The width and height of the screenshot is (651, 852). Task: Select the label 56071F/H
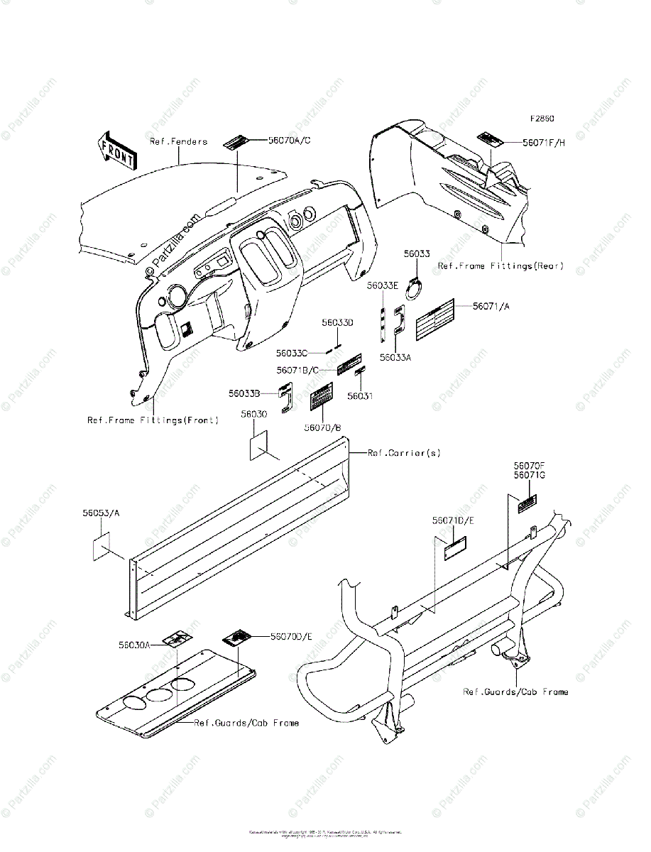tap(544, 142)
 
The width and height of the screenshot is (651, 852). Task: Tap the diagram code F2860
tap(541, 119)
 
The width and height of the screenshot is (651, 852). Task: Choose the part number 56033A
tap(395, 358)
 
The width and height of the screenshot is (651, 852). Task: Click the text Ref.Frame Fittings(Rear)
tap(500, 266)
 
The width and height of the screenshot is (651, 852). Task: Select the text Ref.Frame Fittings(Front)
tap(153, 420)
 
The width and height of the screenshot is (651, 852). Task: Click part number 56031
tap(360, 396)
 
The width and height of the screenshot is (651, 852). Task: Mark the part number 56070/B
tap(323, 427)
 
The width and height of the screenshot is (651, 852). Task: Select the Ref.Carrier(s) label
tap(404, 452)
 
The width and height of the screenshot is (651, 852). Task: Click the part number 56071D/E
tap(453, 520)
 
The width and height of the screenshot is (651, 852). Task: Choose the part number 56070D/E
tap(291, 637)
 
